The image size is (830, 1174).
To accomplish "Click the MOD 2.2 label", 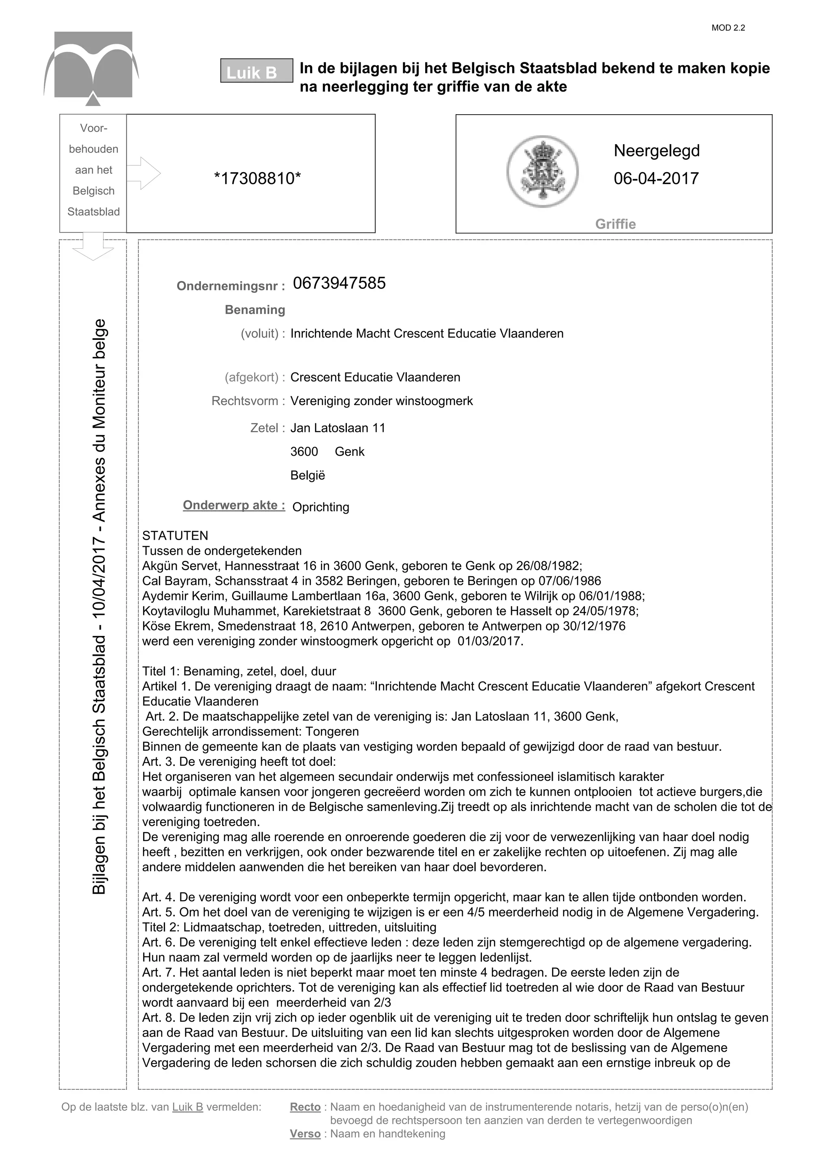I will pyautogui.click(x=728, y=28).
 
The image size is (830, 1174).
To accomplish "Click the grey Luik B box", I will pyautogui.click(x=256, y=71).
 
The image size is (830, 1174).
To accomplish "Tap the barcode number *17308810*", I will pyautogui.click(x=257, y=179).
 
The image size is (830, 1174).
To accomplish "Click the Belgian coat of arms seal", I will pyautogui.click(x=543, y=172).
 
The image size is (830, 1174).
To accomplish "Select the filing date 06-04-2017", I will pyautogui.click(x=656, y=179).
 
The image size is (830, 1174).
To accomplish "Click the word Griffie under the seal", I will pyautogui.click(x=615, y=224).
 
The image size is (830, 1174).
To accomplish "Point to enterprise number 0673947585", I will pyautogui.click(x=339, y=283).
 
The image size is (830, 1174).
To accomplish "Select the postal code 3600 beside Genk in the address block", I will pyautogui.click(x=304, y=452).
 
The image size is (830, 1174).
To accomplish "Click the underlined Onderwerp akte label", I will pyautogui.click(x=234, y=505).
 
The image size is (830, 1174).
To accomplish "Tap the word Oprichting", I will pyautogui.click(x=321, y=507).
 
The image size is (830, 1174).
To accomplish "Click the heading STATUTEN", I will pyautogui.click(x=175, y=536).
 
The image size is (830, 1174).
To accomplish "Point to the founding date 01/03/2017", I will pyautogui.click(x=490, y=641).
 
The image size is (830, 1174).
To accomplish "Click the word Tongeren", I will pyautogui.click(x=332, y=732).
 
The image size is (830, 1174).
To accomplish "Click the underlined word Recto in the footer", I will pyautogui.click(x=305, y=1107).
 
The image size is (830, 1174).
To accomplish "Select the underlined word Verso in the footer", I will pyautogui.click(x=305, y=1134).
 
